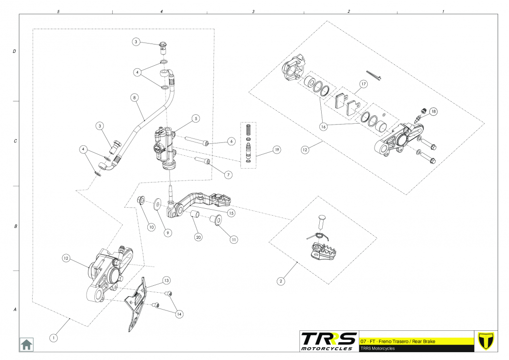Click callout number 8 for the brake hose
(x=134, y=97)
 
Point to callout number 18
(x=433, y=111)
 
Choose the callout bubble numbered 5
(x=196, y=119)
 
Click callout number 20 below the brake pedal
(x=198, y=236)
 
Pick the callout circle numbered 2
(x=281, y=281)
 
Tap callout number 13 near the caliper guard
(x=167, y=280)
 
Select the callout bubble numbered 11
(x=233, y=239)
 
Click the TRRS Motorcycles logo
(x=329, y=341)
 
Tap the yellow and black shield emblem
(x=488, y=340)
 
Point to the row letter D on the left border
(x=14, y=51)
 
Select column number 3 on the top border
(x=254, y=11)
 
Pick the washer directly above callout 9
(x=158, y=203)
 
